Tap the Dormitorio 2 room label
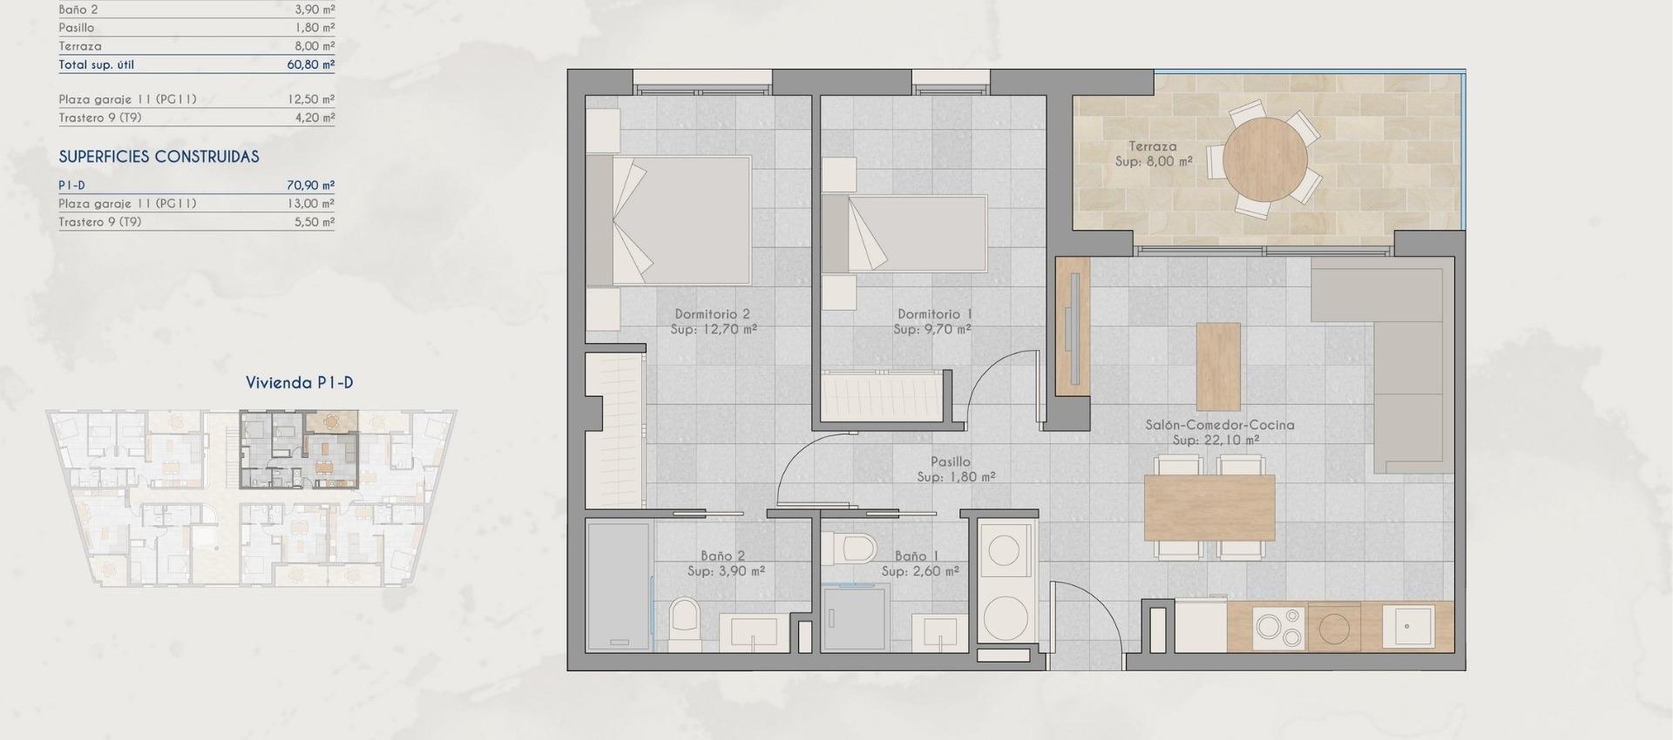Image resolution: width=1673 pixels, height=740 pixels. [712, 314]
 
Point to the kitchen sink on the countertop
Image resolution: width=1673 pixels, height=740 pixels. [1407, 627]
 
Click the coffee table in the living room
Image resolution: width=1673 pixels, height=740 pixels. [1217, 367]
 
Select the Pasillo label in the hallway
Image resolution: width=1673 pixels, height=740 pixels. [950, 462]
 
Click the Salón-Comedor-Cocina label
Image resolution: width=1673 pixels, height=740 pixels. [1219, 425]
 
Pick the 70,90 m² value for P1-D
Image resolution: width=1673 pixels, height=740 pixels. [310, 185]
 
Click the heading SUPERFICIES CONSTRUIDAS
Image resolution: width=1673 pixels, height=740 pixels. [159, 157]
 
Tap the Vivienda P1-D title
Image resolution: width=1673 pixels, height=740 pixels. [299, 382]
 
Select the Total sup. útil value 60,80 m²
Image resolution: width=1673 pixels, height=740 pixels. [310, 64]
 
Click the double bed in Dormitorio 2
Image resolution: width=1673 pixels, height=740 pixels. [668, 220]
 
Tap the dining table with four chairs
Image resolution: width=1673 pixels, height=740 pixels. [1209, 507]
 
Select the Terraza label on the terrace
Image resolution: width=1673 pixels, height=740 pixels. [1152, 146]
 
